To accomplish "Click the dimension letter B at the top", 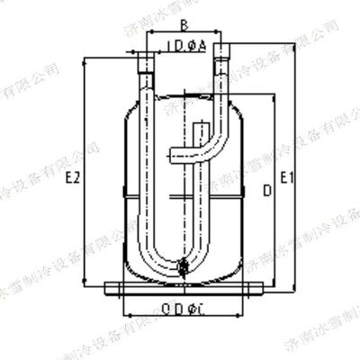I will (184, 25).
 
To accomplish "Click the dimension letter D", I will (265, 191).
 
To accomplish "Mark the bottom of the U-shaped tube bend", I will (184, 269).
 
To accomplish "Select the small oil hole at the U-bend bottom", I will (184, 265).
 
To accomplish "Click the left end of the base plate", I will (107, 289).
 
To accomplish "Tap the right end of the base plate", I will (261, 289).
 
